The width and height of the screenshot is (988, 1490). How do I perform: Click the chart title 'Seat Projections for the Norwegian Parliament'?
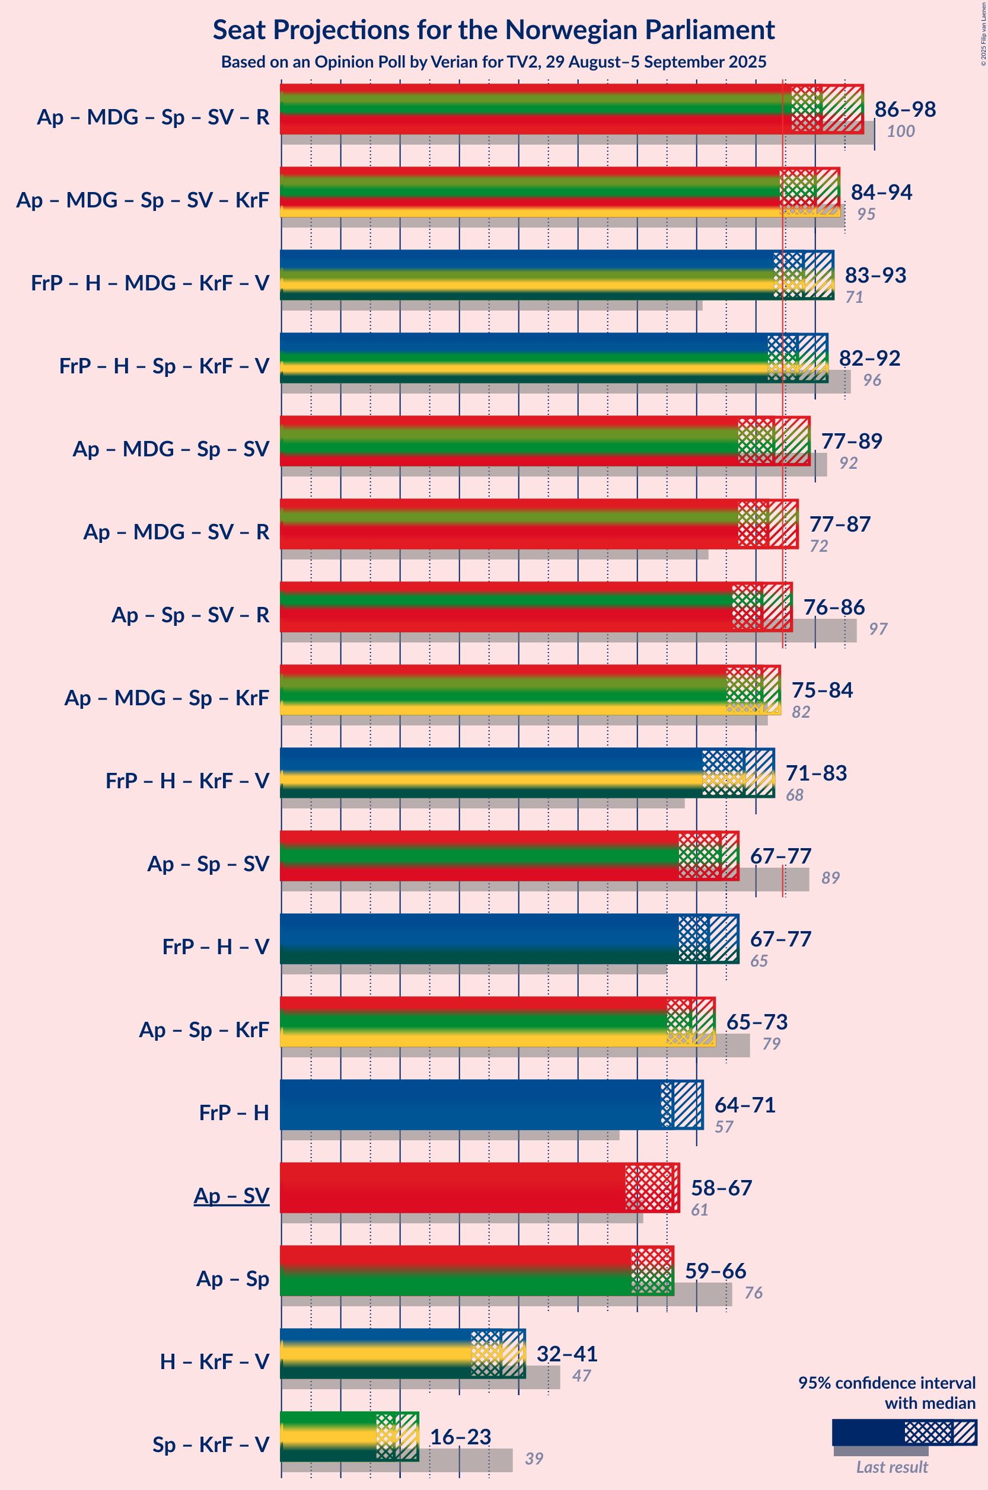point(493,30)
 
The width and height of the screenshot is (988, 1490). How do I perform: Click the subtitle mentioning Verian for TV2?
point(493,62)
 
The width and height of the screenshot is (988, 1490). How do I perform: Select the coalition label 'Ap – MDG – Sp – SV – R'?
point(153,117)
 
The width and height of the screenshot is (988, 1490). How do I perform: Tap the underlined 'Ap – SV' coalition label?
point(231,1195)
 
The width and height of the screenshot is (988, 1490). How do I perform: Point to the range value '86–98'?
point(905,109)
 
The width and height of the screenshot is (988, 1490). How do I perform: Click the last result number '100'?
point(900,131)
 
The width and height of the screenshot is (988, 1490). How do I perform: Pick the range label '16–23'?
point(460,1437)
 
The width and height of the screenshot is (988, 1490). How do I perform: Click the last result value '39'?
point(534,1459)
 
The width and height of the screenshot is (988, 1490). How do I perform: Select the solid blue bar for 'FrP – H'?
point(470,1105)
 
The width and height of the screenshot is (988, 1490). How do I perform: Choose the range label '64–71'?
point(744,1105)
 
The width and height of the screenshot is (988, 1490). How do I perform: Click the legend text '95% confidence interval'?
point(887,1383)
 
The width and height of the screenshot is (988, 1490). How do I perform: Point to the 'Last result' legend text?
point(891,1467)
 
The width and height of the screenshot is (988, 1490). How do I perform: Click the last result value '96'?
point(872,381)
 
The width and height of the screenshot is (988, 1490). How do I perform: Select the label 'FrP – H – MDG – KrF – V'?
point(150,283)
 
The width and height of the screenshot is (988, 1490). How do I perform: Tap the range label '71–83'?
point(816,773)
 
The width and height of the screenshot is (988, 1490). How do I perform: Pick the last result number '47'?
point(581,1376)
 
